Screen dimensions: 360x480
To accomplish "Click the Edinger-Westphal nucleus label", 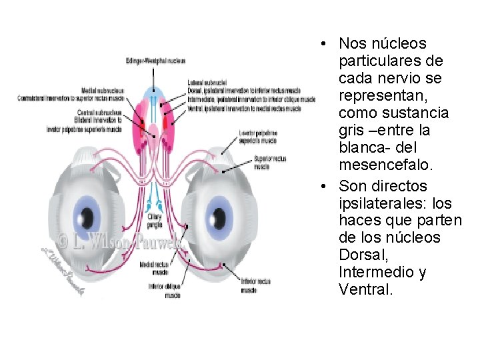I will pyautogui.click(x=155, y=61).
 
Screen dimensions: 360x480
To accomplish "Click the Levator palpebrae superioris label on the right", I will pyautogui.click(x=257, y=137).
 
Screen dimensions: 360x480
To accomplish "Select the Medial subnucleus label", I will pyautogui.click(x=99, y=91).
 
